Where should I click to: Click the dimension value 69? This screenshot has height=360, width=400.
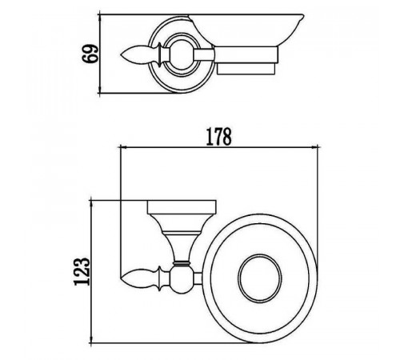click(x=90, y=54)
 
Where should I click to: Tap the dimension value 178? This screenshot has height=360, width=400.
click(x=218, y=137)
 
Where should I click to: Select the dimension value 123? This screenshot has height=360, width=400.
click(x=82, y=271)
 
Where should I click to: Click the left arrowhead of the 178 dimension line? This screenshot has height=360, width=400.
click(x=123, y=146)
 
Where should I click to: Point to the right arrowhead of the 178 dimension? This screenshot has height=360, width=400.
click(x=315, y=146)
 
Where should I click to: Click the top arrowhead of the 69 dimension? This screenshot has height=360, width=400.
click(x=99, y=18)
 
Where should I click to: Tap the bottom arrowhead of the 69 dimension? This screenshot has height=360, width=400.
click(x=99, y=90)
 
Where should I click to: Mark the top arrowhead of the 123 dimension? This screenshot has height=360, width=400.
click(x=91, y=203)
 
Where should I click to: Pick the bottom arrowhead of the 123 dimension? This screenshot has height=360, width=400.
click(x=91, y=339)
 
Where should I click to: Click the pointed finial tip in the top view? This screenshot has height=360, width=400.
click(x=121, y=55)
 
